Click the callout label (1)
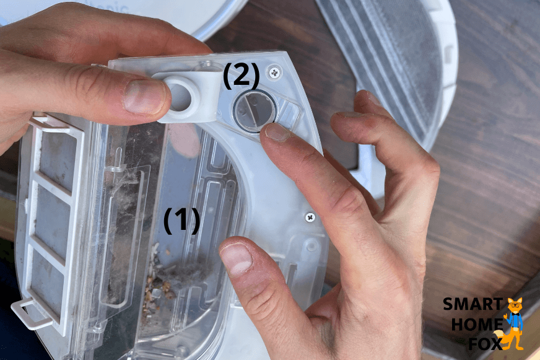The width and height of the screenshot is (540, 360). (181, 221)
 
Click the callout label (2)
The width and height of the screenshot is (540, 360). (242, 76)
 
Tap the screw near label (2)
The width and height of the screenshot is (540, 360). (274, 72)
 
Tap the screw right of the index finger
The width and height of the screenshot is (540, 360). (310, 217)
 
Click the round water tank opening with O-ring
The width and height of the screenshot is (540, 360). (255, 110)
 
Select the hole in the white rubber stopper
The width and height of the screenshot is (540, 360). (180, 97)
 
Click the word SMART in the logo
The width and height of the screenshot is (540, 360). (472, 304)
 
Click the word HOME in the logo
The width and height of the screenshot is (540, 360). (477, 324)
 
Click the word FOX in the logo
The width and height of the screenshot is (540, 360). (485, 343)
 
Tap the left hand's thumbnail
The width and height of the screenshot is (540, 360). (144, 97)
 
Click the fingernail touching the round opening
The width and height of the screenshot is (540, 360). (277, 132)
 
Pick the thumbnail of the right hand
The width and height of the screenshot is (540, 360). (237, 258)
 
